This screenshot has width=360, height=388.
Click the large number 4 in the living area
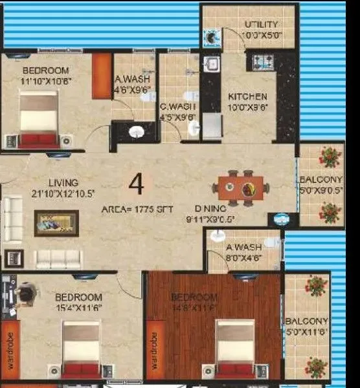point(136,184)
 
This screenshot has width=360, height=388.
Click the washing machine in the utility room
point(212,38)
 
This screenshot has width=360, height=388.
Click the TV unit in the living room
point(56,223)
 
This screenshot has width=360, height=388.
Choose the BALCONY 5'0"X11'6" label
point(306,327)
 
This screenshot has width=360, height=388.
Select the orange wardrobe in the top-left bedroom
point(102,76)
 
